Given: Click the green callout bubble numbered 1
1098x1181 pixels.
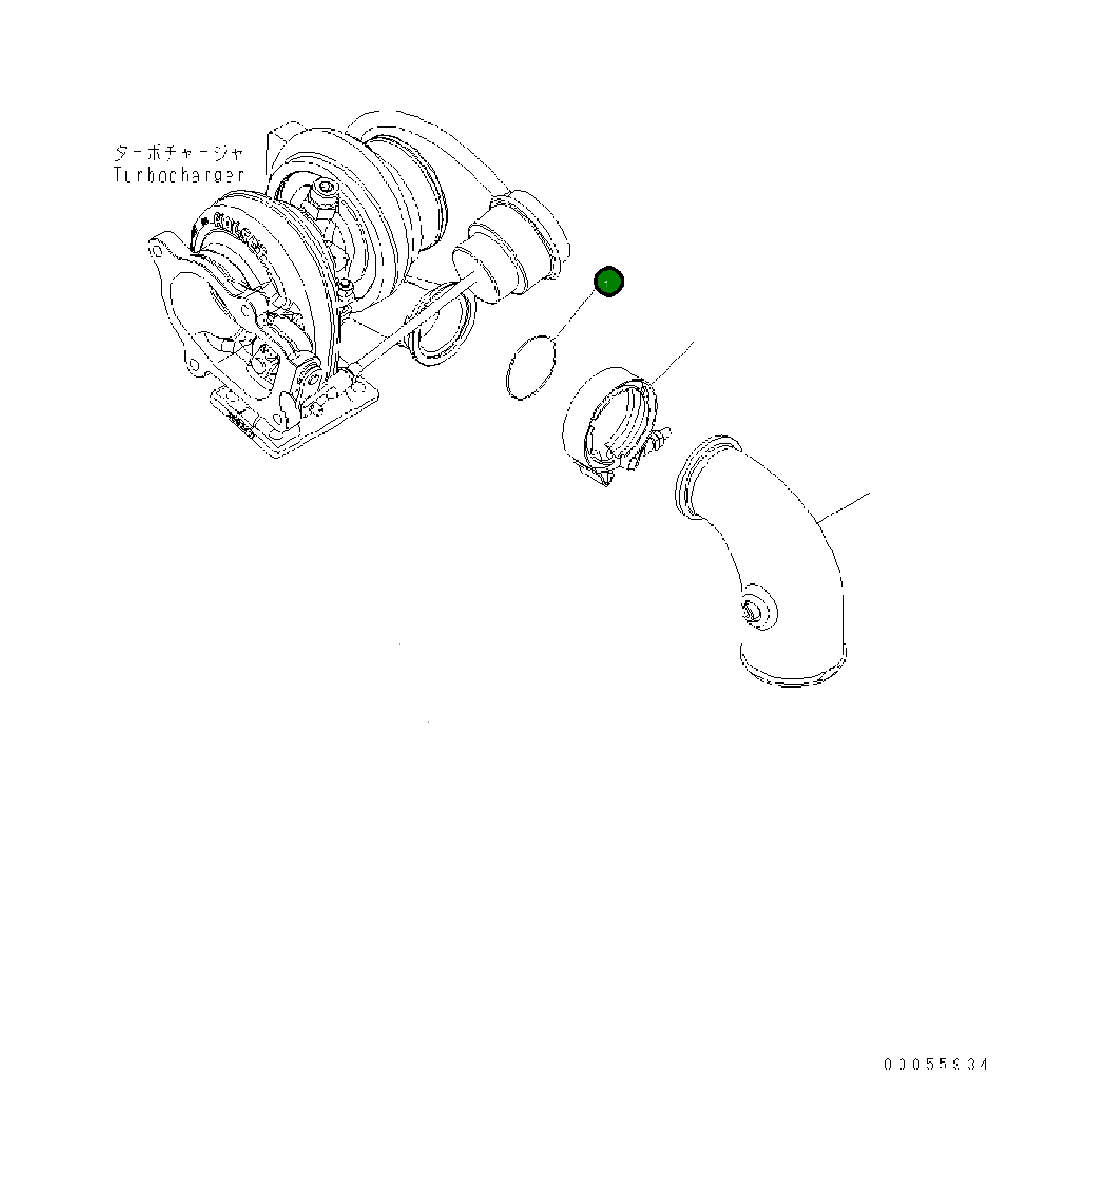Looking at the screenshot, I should (x=609, y=282).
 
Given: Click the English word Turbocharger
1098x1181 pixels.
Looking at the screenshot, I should (x=179, y=176).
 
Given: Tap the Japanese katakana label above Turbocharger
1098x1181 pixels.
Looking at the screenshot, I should (x=179, y=153).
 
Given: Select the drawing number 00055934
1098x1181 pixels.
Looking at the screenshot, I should (x=936, y=1064).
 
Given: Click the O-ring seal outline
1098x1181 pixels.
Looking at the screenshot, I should (x=531, y=367).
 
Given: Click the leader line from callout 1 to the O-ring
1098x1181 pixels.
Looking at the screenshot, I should (x=576, y=314).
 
